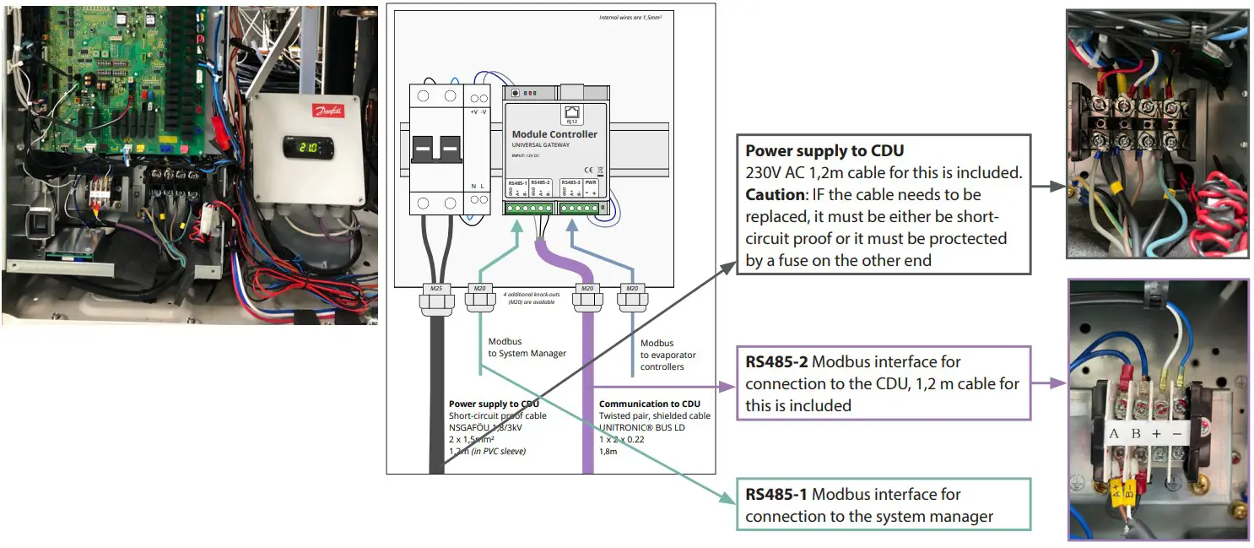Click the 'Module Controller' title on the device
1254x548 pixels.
554,134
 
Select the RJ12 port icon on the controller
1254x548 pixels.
571,113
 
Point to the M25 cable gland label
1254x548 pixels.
436,288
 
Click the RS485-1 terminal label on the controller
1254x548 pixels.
517,182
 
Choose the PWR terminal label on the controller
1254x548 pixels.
591,182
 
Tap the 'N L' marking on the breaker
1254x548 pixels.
478,186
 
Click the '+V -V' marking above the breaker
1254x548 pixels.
478,111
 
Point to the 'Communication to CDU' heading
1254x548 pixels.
649,404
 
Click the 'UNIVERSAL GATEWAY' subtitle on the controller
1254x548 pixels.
541,145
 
